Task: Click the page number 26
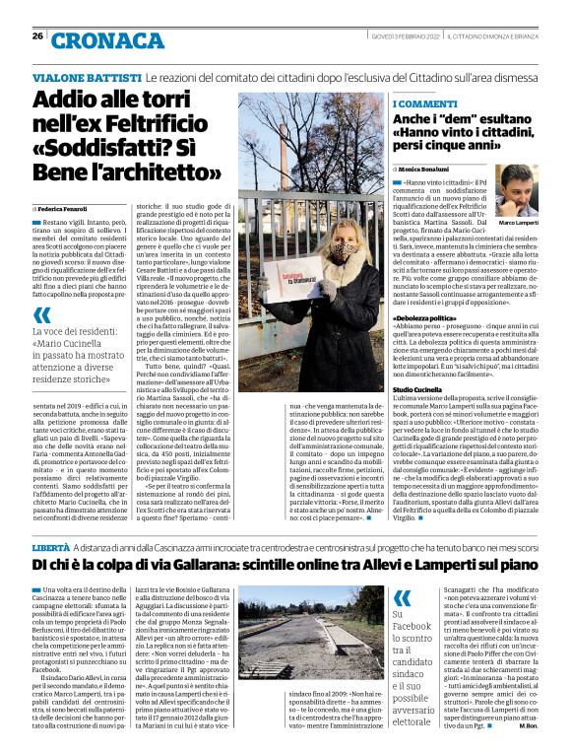tap(37, 35)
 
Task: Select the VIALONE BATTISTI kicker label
tap(88, 77)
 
